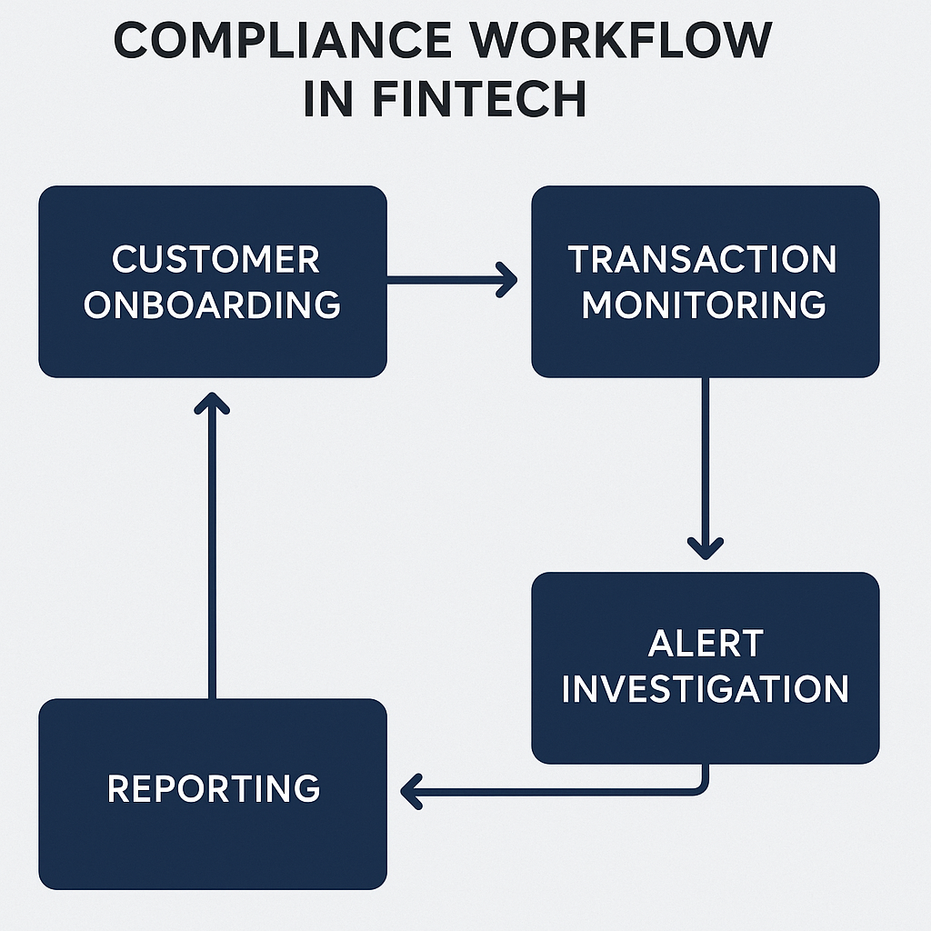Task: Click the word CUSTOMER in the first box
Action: (215, 260)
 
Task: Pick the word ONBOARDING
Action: (213, 305)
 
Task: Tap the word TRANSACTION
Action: (703, 260)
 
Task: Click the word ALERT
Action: (705, 644)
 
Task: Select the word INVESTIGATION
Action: (705, 688)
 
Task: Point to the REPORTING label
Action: (214, 788)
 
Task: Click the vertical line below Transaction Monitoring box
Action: (706, 455)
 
